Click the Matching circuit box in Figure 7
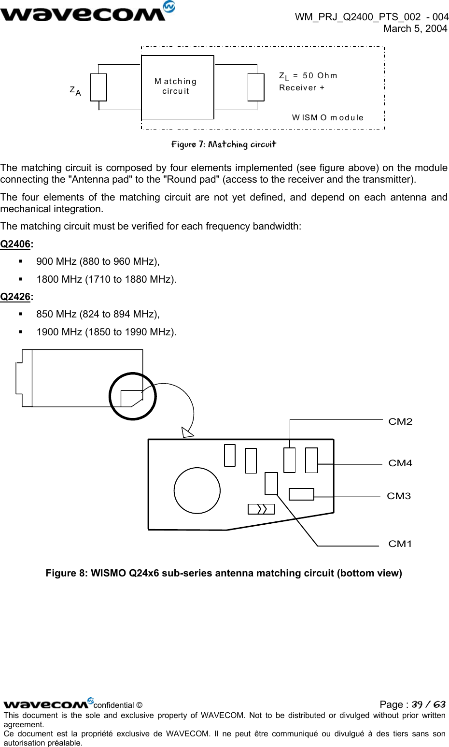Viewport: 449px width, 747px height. pos(177,87)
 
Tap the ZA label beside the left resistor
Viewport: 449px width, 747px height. pos(75,91)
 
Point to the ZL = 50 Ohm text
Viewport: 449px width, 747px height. pos(308,76)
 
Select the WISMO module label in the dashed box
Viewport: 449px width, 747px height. pos(327,117)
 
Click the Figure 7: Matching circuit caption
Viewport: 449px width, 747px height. pos(224,144)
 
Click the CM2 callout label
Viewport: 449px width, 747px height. pos(400,422)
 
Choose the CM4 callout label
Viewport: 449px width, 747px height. pos(400,463)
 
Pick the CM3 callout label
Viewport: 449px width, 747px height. pos(399,496)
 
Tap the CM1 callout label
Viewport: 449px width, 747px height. pos(400,544)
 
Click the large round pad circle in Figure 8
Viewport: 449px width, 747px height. pos(197,490)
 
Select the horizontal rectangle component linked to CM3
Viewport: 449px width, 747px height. pos(301,494)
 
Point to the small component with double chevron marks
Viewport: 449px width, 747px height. pos(261,509)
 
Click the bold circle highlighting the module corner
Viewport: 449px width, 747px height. pos(133,396)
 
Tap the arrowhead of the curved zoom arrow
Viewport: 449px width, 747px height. pos(187,432)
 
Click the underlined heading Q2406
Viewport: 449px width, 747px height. pos(15,244)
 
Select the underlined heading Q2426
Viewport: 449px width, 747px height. pos(15,297)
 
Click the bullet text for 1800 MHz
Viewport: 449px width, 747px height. pos(106,279)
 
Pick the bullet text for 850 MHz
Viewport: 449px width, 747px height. pos(98,314)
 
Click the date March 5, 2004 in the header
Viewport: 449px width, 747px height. pos(415,29)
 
